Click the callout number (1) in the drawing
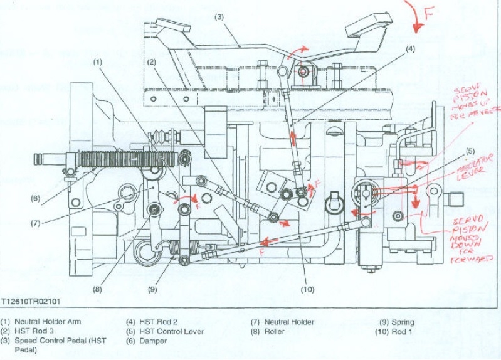tap(98, 62)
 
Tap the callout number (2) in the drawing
tap(151, 62)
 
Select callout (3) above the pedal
tap(219, 17)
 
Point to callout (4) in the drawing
tap(411, 49)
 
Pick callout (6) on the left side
tap(36, 198)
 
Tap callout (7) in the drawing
tap(36, 223)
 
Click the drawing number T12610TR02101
tap(32, 302)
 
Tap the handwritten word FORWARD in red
tap(476, 258)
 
